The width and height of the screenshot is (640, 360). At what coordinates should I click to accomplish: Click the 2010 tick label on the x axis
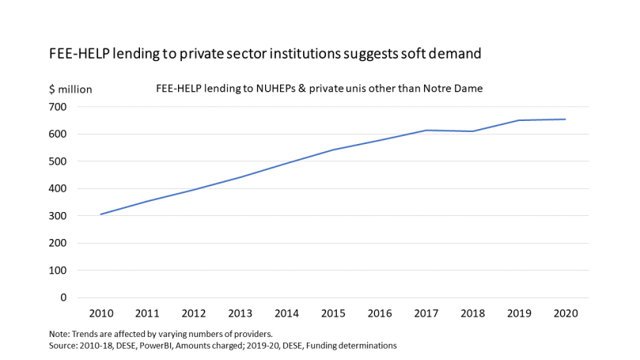(x=100, y=313)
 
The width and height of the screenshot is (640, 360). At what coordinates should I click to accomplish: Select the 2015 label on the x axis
(x=333, y=313)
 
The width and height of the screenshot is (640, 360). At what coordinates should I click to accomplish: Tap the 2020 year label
(x=566, y=313)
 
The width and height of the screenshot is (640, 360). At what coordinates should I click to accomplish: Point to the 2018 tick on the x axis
(x=472, y=313)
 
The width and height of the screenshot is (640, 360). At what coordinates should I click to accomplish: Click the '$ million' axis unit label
(x=70, y=89)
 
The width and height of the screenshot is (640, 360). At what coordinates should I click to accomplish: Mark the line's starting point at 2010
(x=100, y=214)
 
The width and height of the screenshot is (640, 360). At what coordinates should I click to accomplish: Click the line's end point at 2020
(x=566, y=119)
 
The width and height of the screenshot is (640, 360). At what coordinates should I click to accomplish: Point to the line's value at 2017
(x=426, y=131)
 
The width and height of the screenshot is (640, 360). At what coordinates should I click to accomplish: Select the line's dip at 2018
(x=472, y=131)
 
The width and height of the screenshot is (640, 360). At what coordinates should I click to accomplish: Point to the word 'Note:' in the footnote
(x=61, y=334)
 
